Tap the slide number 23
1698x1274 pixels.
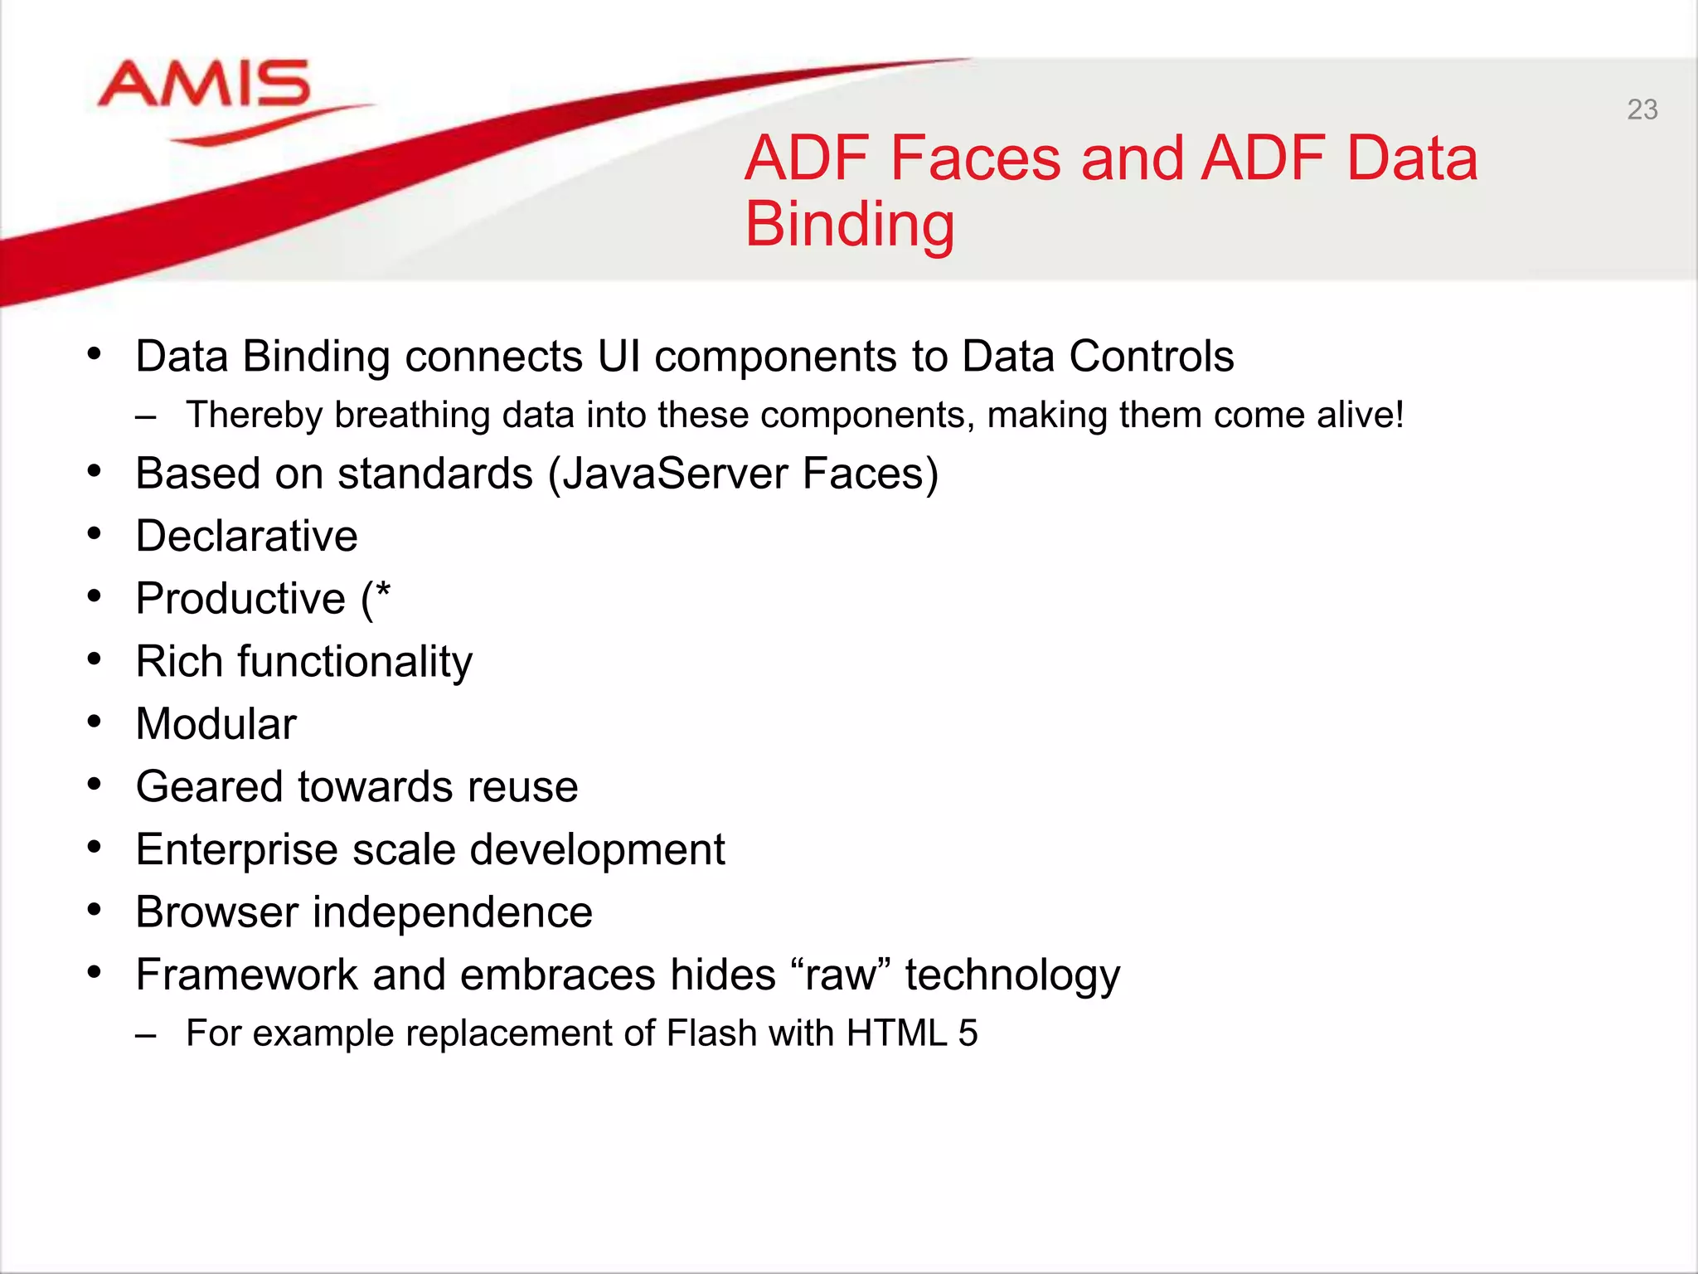[1642, 109]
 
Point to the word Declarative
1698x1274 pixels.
[246, 536]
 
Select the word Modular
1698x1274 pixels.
[216, 724]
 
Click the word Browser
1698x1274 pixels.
[216, 912]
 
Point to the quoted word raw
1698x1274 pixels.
[841, 975]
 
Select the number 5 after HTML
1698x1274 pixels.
[968, 1034]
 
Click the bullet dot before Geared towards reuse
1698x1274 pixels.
[95, 784]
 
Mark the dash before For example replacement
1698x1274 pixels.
[146, 1036]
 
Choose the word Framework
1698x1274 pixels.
[246, 975]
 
